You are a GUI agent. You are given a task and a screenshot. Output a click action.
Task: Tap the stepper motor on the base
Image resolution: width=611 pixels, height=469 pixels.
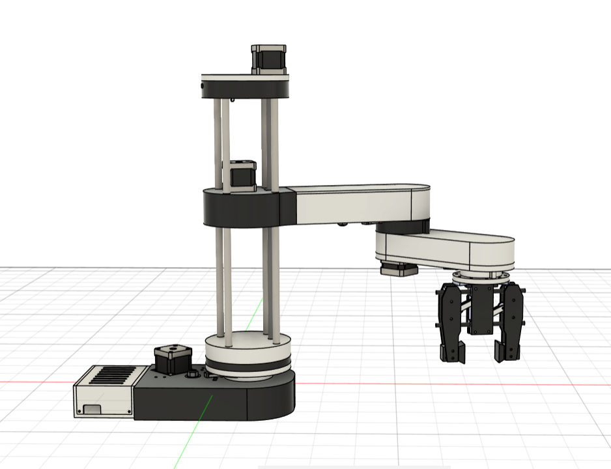(x=173, y=360)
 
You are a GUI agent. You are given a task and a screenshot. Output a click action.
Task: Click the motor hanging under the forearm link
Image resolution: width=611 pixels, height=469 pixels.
(x=399, y=270)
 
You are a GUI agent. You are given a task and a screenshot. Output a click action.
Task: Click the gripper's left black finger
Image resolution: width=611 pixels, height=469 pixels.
(x=450, y=323)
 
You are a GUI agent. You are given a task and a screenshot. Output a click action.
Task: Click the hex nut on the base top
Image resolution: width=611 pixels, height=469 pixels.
(x=193, y=376)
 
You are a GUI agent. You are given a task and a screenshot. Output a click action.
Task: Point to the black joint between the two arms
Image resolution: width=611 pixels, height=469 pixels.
(x=401, y=227)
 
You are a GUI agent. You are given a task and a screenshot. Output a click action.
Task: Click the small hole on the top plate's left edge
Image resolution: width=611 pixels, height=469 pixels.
(x=203, y=85)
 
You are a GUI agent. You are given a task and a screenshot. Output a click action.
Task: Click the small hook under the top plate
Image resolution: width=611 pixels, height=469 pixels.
(x=231, y=100)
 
